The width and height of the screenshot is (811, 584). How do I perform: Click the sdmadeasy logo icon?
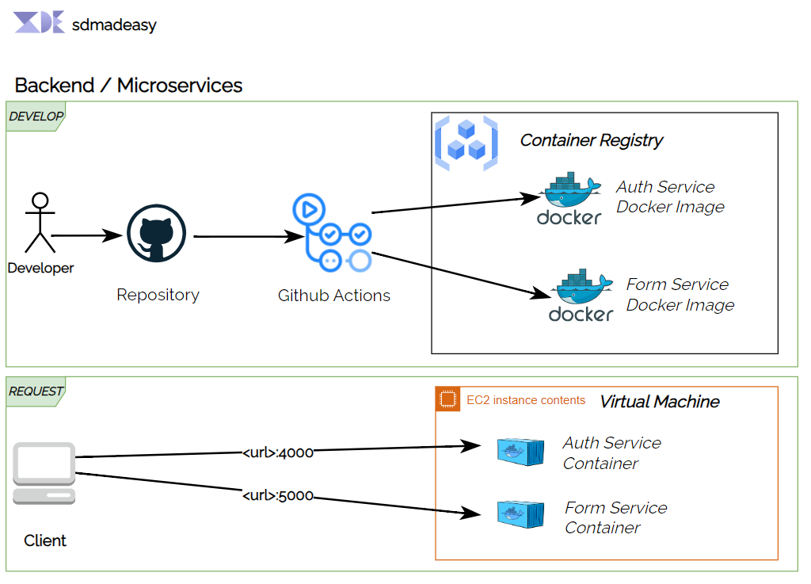click(x=39, y=23)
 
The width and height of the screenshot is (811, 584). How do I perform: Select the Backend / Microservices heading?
click(x=128, y=86)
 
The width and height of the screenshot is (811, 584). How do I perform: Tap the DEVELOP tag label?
click(x=36, y=116)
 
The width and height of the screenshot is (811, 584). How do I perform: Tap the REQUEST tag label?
click(x=36, y=391)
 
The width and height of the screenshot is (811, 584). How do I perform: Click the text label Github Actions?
click(x=333, y=296)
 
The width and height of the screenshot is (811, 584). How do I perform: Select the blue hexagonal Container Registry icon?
click(x=466, y=143)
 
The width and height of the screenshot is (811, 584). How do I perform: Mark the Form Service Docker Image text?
click(x=680, y=295)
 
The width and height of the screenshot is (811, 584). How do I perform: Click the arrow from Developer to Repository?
click(x=87, y=235)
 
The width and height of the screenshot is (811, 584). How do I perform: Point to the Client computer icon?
click(x=44, y=473)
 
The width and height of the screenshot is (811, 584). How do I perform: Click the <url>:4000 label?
click(x=278, y=452)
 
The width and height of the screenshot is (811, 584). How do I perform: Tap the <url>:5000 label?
click(x=278, y=496)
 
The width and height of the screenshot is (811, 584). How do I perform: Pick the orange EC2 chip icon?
click(x=448, y=399)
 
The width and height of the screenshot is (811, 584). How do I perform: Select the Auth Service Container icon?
click(x=520, y=452)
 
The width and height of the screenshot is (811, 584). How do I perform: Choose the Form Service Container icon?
click(x=520, y=514)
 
